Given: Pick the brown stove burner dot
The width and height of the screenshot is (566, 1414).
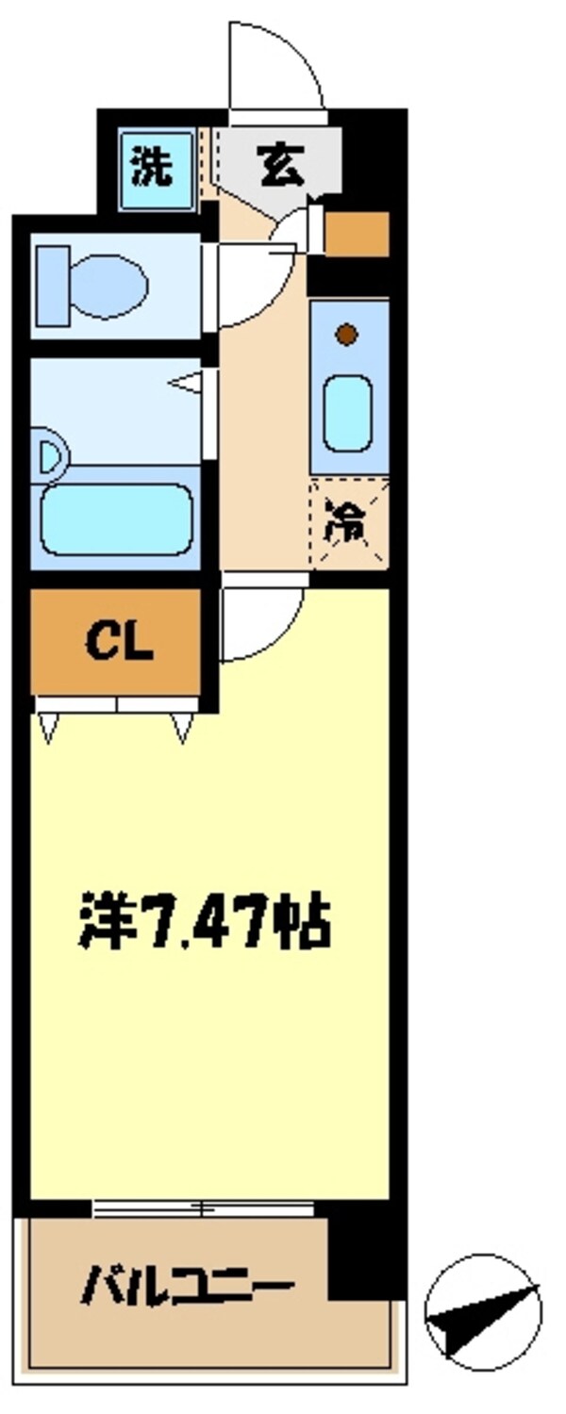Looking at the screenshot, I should pos(347,333).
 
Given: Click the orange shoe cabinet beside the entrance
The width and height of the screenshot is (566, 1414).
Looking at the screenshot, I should pos(357,234).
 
